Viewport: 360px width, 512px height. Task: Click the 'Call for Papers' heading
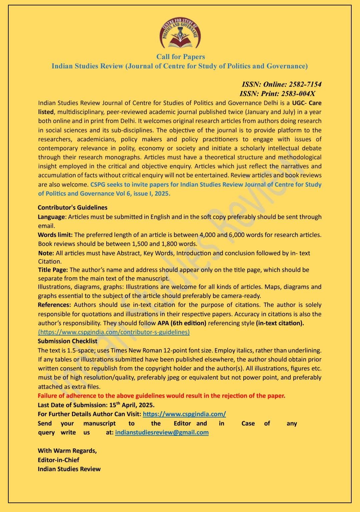[180, 57]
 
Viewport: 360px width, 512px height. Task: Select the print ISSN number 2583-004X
[298, 94]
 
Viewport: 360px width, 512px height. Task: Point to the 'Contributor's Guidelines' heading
[73, 208]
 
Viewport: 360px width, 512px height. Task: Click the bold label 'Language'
[51, 217]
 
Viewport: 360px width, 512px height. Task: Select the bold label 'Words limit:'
[55, 235]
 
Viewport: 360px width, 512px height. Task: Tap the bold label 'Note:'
[46, 253]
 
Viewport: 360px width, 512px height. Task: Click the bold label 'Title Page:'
[53, 270]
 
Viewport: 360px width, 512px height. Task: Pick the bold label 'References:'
[54, 305]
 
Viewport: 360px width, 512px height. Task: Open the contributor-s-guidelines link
[114, 332]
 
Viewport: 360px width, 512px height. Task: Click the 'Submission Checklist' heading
[67, 341]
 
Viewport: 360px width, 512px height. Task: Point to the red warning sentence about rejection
[161, 396]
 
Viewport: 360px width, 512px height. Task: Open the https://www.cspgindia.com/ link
[184, 414]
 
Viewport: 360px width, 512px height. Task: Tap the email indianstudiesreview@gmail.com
[162, 432]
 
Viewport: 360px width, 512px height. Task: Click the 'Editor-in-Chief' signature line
[58, 460]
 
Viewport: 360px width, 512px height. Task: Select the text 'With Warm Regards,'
[67, 451]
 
